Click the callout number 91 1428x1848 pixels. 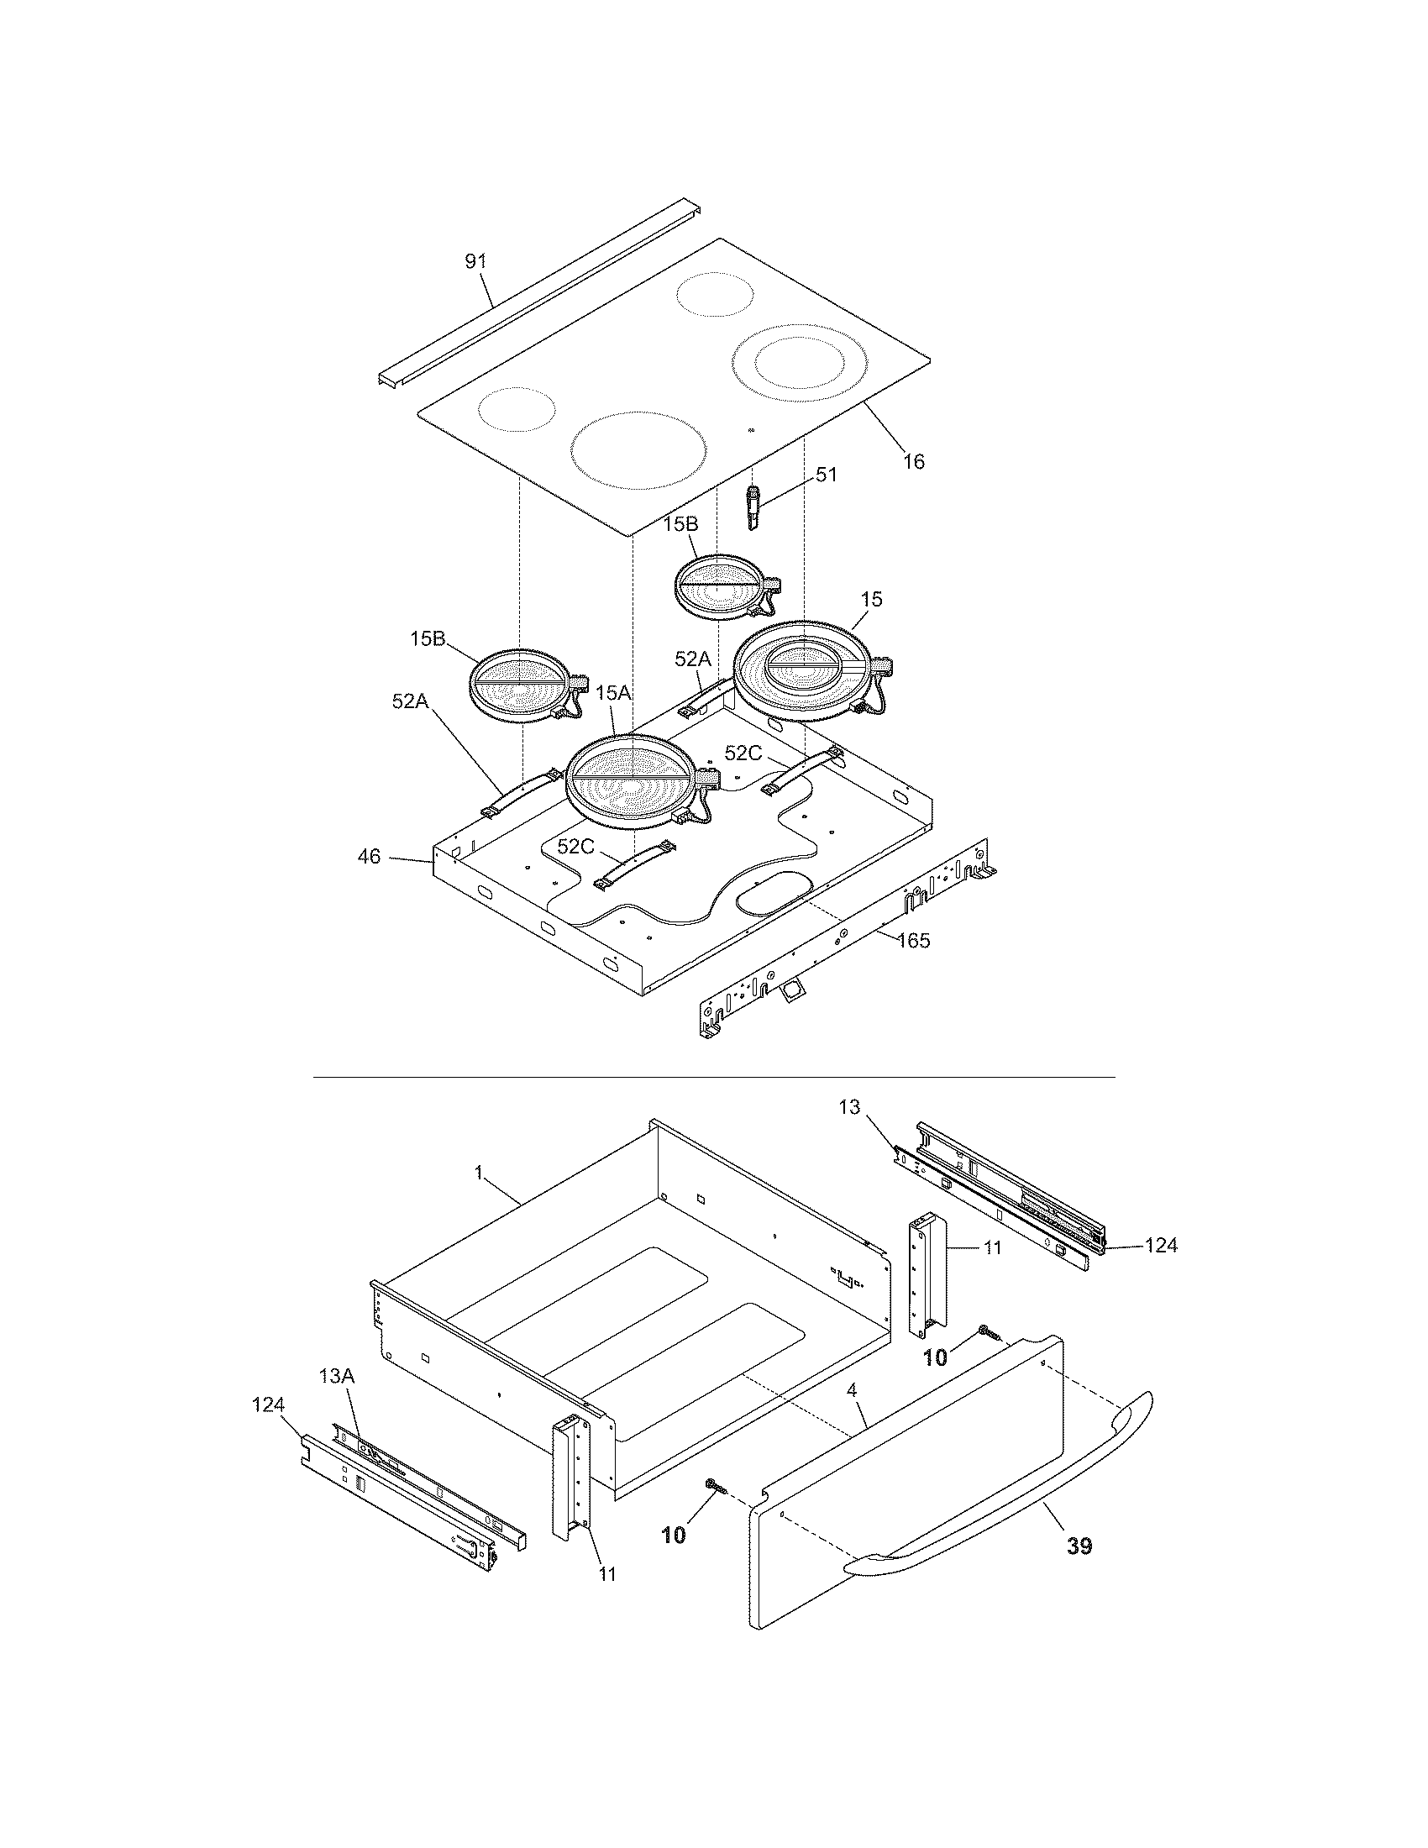476,261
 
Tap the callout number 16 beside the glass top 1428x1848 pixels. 914,462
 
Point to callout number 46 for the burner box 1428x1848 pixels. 369,857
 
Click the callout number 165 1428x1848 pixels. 914,940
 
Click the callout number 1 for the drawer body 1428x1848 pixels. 479,1172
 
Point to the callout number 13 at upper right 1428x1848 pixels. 849,1108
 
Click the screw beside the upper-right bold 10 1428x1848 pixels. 989,1334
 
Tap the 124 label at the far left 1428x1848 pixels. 269,1405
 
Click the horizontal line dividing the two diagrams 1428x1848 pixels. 714,1077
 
